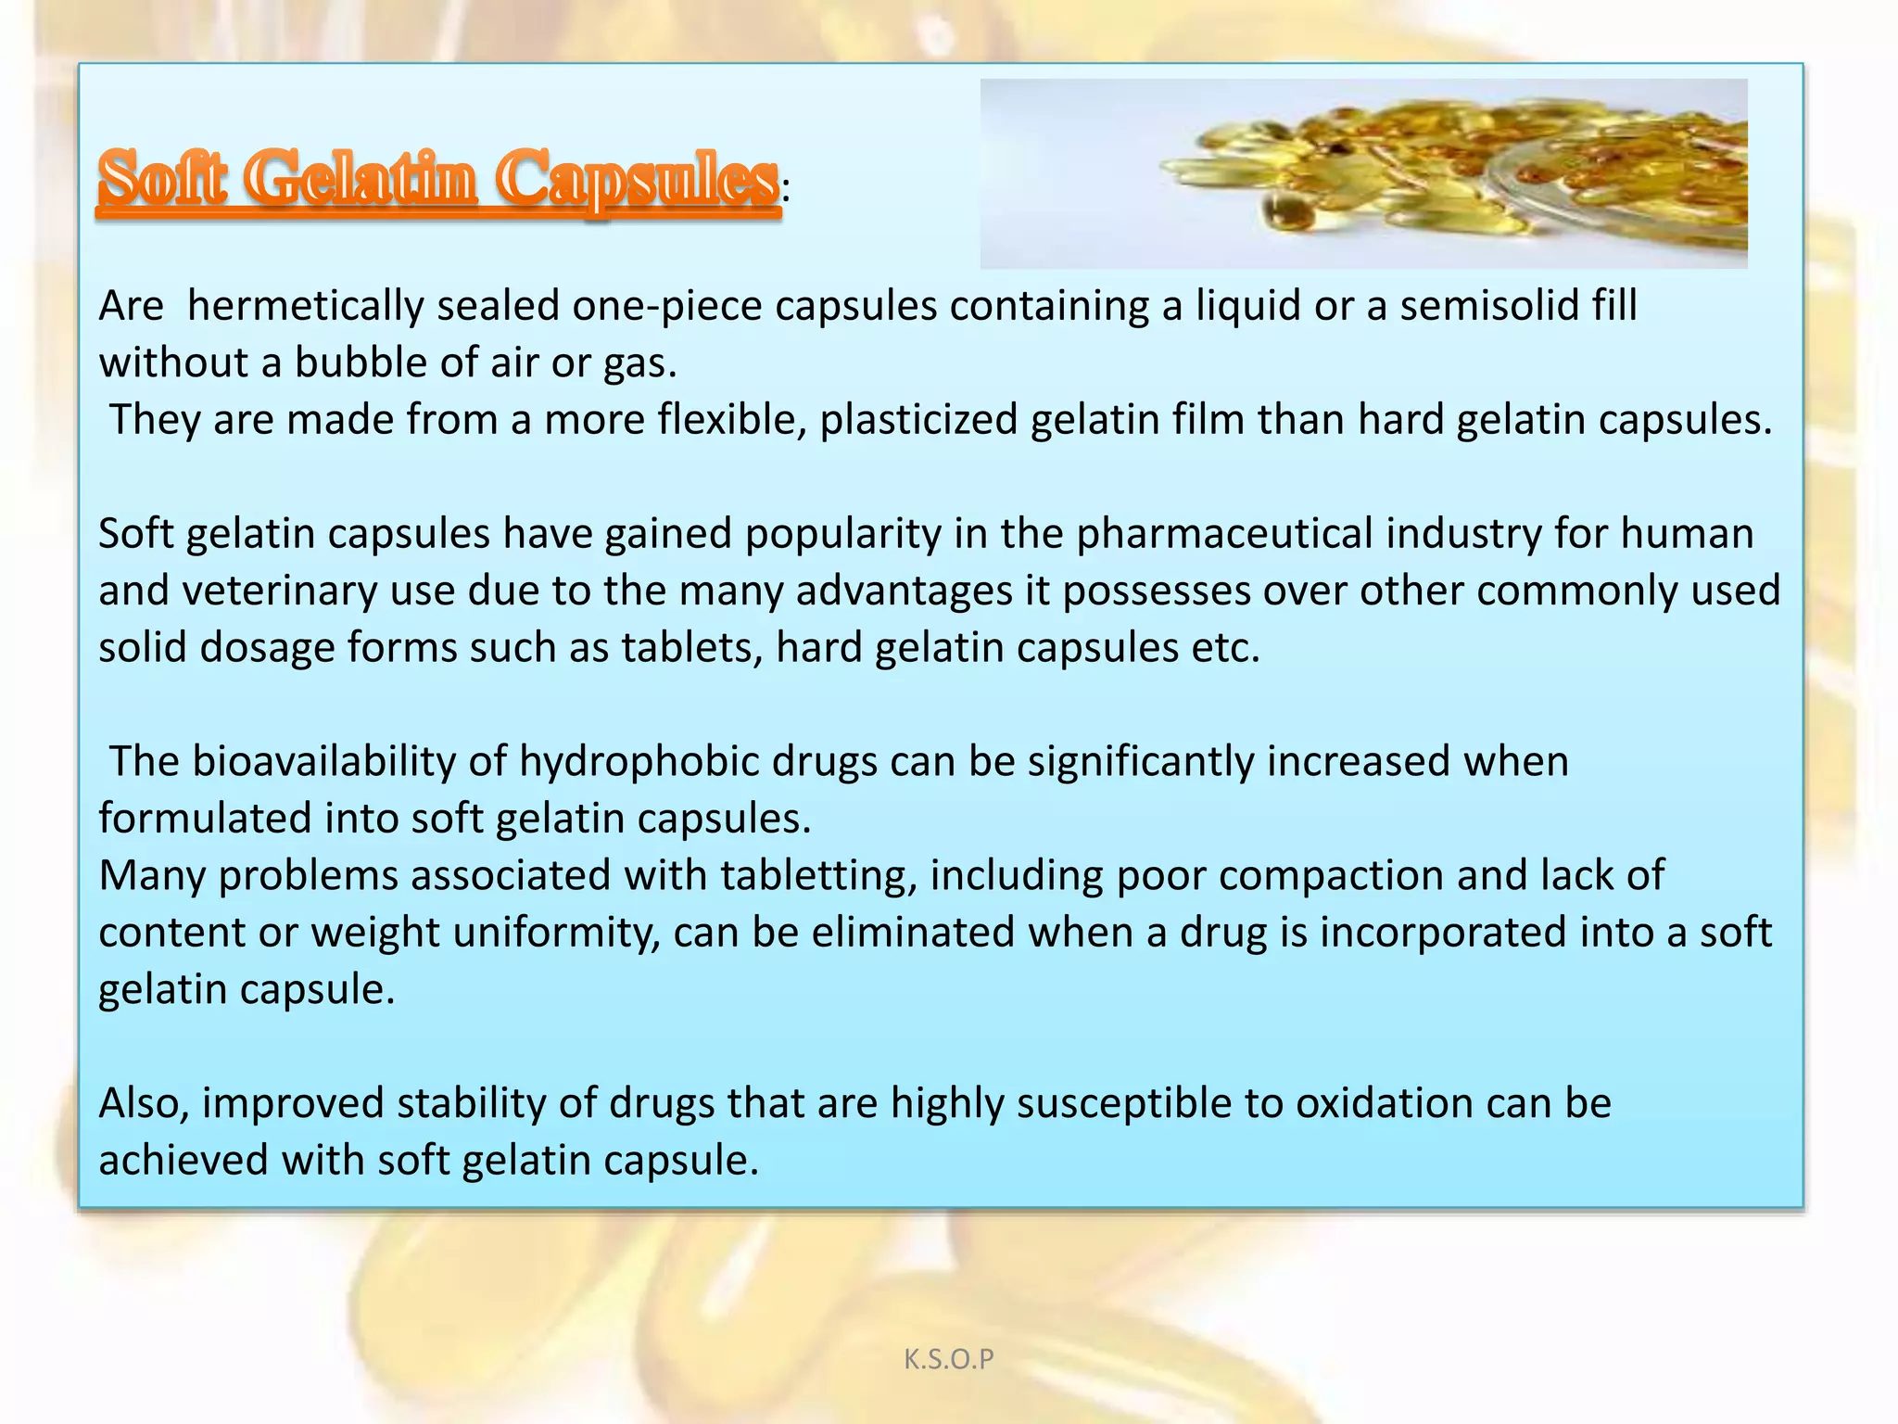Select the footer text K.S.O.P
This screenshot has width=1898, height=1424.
(x=948, y=1359)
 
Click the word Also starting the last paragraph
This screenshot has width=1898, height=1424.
(x=144, y=1103)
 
